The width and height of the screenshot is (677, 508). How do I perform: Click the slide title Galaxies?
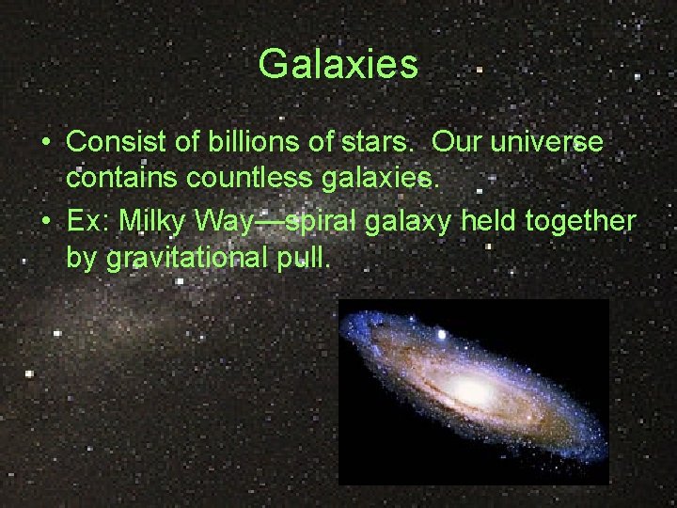coord(338,65)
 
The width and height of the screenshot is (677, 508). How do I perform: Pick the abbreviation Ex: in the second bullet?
coord(87,222)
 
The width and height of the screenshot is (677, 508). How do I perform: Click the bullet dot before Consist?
coord(46,144)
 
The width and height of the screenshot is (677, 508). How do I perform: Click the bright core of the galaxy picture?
coord(471,388)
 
